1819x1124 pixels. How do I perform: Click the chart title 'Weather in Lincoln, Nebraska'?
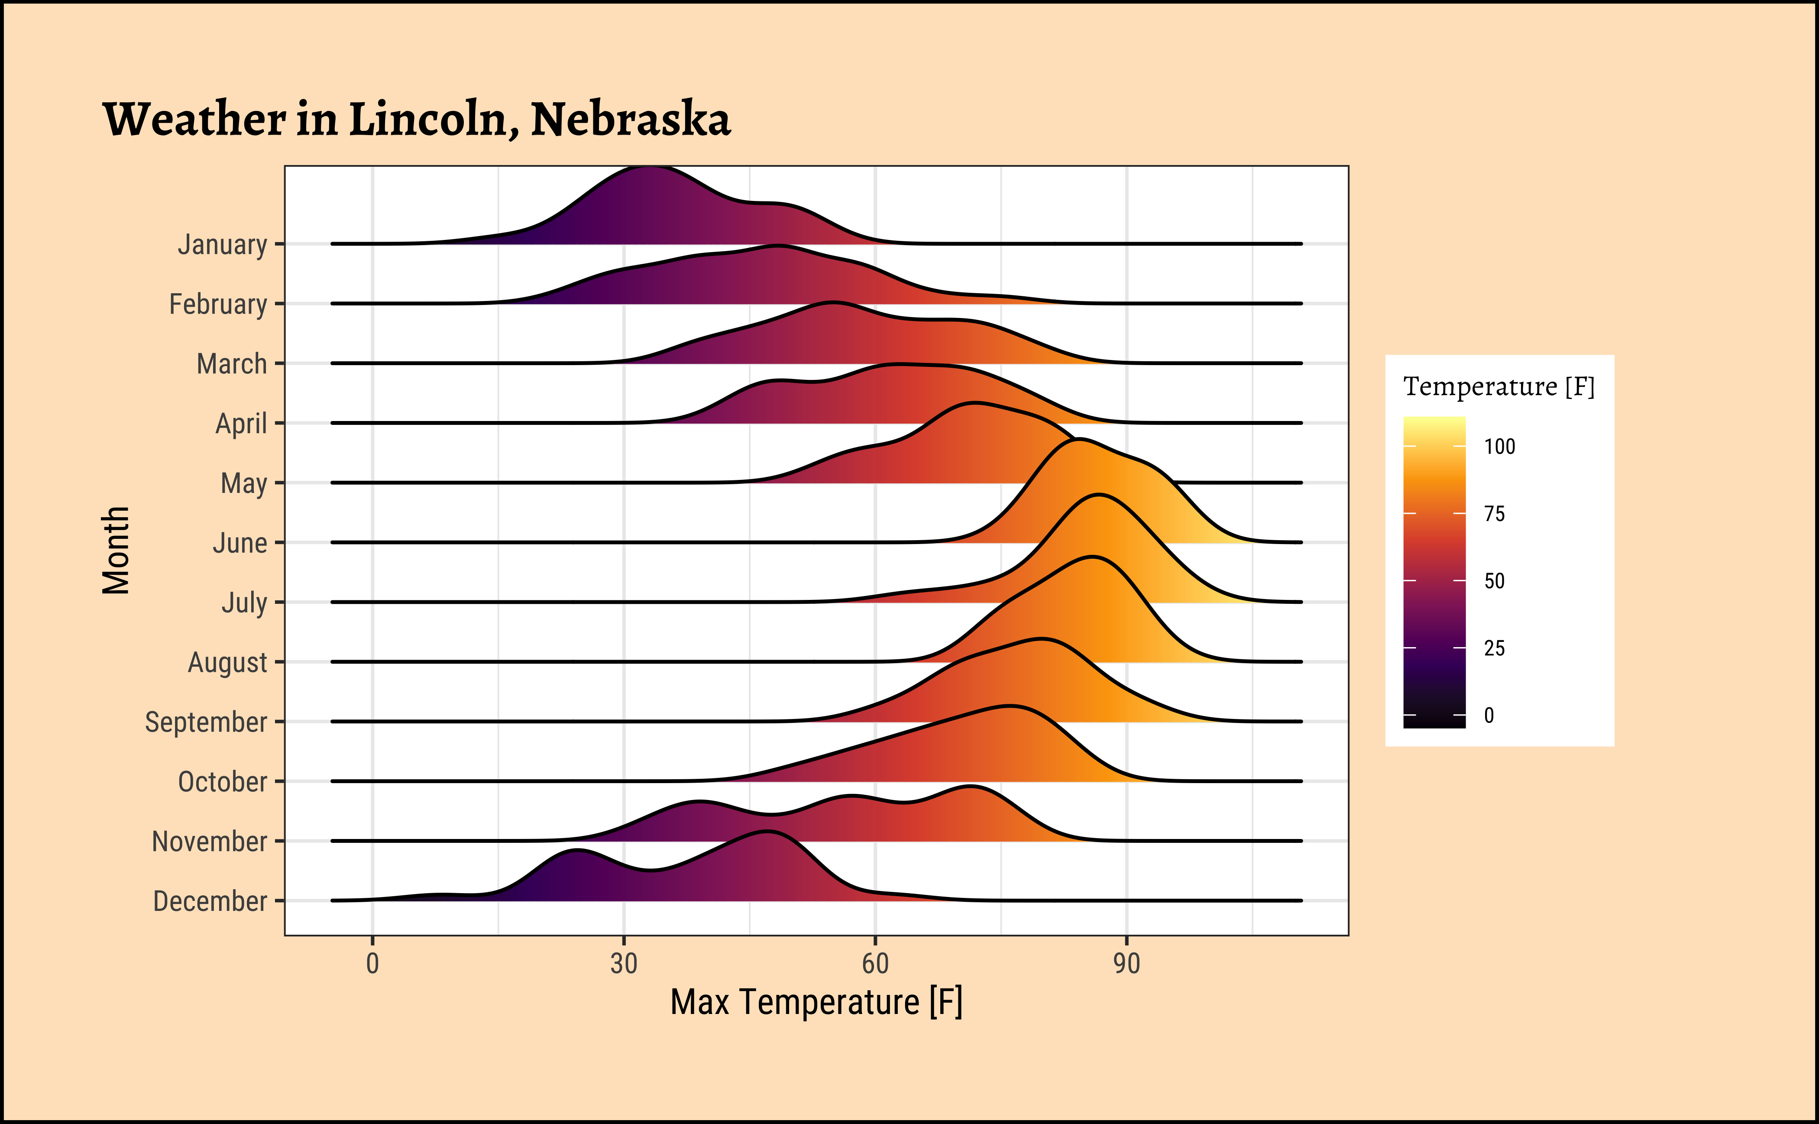coord(416,119)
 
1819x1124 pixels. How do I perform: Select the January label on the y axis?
coord(222,244)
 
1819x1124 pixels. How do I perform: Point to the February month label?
coord(218,304)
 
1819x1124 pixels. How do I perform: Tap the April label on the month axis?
coord(241,424)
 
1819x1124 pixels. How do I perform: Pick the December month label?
coord(210,901)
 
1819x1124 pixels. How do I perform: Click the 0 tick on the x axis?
coord(372,963)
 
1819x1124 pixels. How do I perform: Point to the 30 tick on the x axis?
coord(624,963)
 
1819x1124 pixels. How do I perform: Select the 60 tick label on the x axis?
coord(875,963)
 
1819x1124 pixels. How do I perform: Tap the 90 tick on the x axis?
coord(1126,963)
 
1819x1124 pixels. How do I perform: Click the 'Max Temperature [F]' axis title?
coord(816,1002)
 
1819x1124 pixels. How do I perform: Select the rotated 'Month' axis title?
coord(116,550)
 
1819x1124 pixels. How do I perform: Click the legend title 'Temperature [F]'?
coord(1499,386)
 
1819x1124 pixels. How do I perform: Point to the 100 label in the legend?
coord(1499,446)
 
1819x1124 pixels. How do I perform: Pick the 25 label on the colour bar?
coord(1494,648)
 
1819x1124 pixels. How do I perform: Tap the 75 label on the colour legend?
coord(1494,514)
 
